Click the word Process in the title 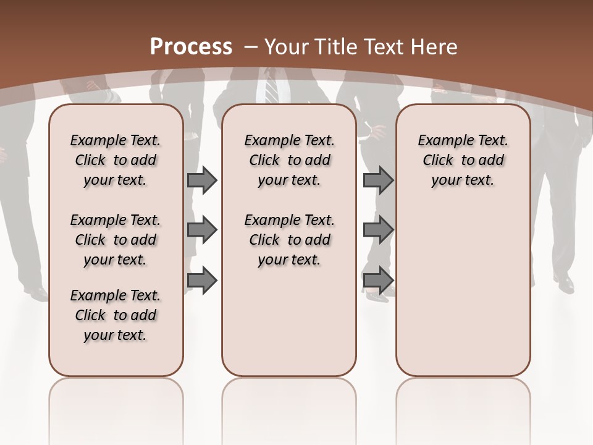(x=191, y=47)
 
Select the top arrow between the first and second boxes (x=201, y=180)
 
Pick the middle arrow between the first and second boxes (x=201, y=230)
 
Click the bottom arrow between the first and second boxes (x=201, y=281)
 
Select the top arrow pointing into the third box (x=378, y=180)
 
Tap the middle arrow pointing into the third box (x=378, y=230)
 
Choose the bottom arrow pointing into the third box (x=378, y=281)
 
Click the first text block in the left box (x=116, y=160)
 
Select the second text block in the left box (x=116, y=240)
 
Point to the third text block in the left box (x=116, y=315)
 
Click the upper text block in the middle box (x=289, y=160)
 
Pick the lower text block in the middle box (x=289, y=240)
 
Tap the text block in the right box (x=463, y=160)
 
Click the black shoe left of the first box (x=37, y=293)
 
